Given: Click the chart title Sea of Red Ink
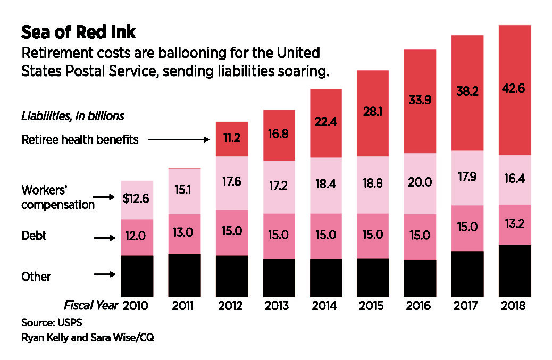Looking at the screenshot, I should (78, 32).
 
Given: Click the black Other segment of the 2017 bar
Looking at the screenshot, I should (467, 273).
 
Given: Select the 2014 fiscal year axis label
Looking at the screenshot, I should (325, 306).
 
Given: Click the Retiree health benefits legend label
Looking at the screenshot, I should (80, 140).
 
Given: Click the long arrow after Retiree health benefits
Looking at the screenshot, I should (179, 140).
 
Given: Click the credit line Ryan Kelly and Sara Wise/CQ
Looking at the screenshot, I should (88, 337).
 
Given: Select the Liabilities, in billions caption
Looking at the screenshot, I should (73, 115).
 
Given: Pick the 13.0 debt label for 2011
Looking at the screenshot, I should (185, 232).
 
